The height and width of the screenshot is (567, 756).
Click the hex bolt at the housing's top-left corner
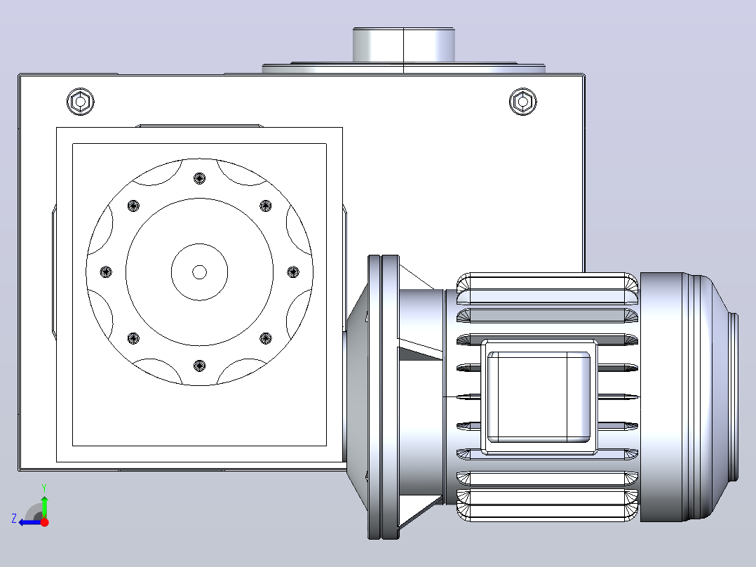(x=81, y=102)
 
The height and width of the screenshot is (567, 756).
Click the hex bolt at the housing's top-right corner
(x=522, y=102)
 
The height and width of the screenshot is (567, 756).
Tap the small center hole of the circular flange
(x=200, y=272)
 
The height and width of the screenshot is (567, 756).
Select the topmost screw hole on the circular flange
(x=200, y=178)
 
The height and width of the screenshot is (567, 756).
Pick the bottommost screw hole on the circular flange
(x=200, y=366)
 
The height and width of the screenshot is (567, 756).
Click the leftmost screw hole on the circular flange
(x=106, y=272)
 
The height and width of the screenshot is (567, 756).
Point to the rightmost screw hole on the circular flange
(x=293, y=272)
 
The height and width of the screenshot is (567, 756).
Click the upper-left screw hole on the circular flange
(x=133, y=206)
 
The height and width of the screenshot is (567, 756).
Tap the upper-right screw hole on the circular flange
(x=266, y=206)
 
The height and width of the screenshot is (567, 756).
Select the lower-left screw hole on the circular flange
(x=133, y=338)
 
